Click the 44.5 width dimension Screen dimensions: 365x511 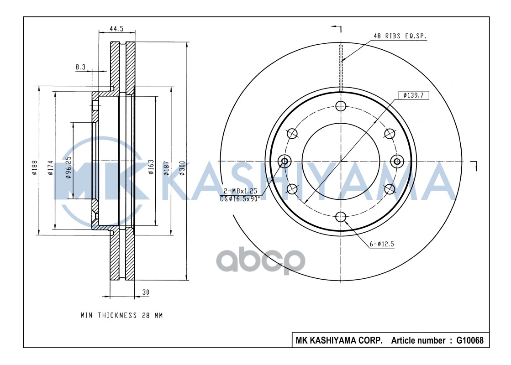pos(116,28)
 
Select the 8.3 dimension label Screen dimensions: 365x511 pos(80,67)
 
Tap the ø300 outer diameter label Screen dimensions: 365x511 pos(183,167)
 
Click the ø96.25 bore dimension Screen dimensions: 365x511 pos(68,167)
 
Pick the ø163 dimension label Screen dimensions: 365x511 pos(151,167)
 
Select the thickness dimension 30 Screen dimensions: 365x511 pos(146,292)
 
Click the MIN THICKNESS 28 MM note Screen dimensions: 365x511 pos(121,315)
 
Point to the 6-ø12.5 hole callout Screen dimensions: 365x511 pos(382,244)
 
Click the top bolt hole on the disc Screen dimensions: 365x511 pos(341,106)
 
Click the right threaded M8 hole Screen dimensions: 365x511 pos(397,161)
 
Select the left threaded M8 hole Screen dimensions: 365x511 pos(285,161)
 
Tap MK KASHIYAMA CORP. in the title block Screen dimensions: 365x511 pos(339,340)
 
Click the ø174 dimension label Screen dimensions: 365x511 pos(51,168)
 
